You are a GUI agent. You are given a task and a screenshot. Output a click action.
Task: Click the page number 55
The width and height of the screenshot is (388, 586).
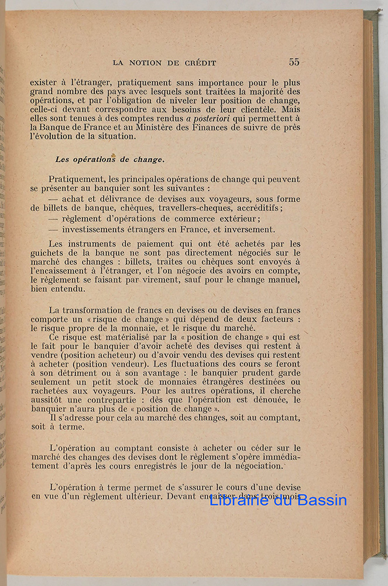pos(294,62)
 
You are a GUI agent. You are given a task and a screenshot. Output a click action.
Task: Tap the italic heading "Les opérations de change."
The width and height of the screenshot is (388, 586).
pos(109,159)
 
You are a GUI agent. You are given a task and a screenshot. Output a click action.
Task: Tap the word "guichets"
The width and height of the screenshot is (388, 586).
pos(48,253)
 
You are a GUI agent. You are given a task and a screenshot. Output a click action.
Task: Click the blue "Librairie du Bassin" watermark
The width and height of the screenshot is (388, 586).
pos(278,500)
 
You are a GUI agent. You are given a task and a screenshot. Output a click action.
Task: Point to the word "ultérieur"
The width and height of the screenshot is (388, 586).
pos(142,496)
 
